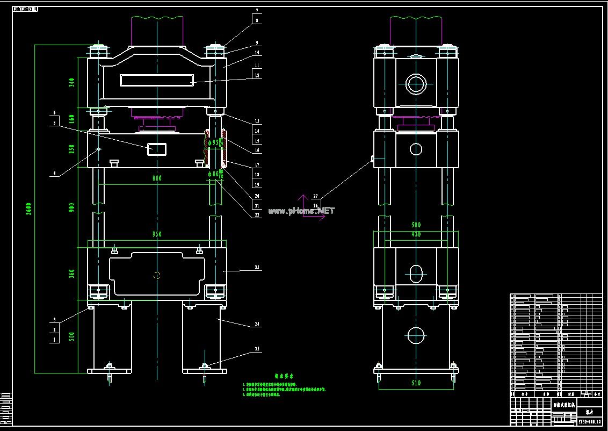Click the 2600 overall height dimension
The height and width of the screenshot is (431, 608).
pos(29,208)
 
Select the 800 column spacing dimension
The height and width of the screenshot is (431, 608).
pos(156,178)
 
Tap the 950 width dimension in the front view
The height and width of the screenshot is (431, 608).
pos(156,234)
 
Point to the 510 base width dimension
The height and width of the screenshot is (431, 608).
pos(416,383)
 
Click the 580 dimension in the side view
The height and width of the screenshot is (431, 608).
pos(416,225)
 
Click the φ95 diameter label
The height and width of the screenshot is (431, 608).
pos(214,142)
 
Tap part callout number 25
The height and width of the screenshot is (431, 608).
pos(257,349)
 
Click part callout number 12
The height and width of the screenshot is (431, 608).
pos(257,76)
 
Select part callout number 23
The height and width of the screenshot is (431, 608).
pos(257,267)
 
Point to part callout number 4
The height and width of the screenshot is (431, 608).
pos(55,174)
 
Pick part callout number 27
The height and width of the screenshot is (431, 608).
pos(315,197)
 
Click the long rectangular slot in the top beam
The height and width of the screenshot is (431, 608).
pos(156,80)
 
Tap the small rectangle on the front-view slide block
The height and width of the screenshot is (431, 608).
pos(157,149)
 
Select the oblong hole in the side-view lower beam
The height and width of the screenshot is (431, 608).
pos(416,273)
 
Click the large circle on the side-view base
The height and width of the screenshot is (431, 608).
pos(416,335)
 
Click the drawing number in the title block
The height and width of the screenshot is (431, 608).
pos(589,422)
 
